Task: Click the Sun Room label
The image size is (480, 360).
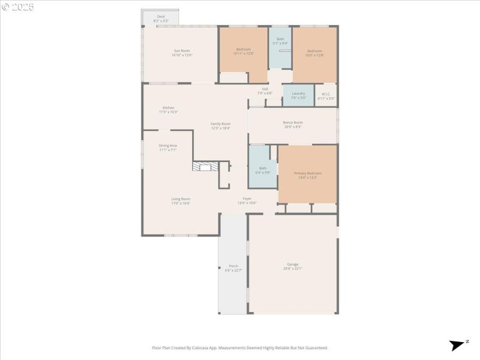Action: (182, 52)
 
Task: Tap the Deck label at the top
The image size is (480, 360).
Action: (161, 18)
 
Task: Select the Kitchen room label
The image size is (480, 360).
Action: (169, 110)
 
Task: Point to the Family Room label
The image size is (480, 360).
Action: (220, 125)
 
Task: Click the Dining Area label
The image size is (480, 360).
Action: (168, 147)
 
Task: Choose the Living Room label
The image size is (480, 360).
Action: (181, 201)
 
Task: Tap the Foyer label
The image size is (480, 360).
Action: (247, 200)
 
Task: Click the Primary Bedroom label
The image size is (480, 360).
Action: (307, 175)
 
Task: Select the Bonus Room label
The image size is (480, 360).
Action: (293, 124)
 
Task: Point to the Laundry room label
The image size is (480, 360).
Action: (298, 95)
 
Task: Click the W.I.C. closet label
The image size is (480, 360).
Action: (326, 95)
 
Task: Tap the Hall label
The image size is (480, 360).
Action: (265, 91)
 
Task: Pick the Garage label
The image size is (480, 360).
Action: (293, 266)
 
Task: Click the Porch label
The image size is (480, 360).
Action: (233, 268)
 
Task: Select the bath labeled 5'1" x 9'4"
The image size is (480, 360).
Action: (280, 41)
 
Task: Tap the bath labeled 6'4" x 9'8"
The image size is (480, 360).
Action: (263, 170)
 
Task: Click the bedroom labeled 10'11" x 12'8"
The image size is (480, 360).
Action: (243, 51)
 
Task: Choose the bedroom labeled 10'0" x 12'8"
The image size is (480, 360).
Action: (315, 53)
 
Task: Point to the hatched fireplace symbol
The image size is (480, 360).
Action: (205, 166)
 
